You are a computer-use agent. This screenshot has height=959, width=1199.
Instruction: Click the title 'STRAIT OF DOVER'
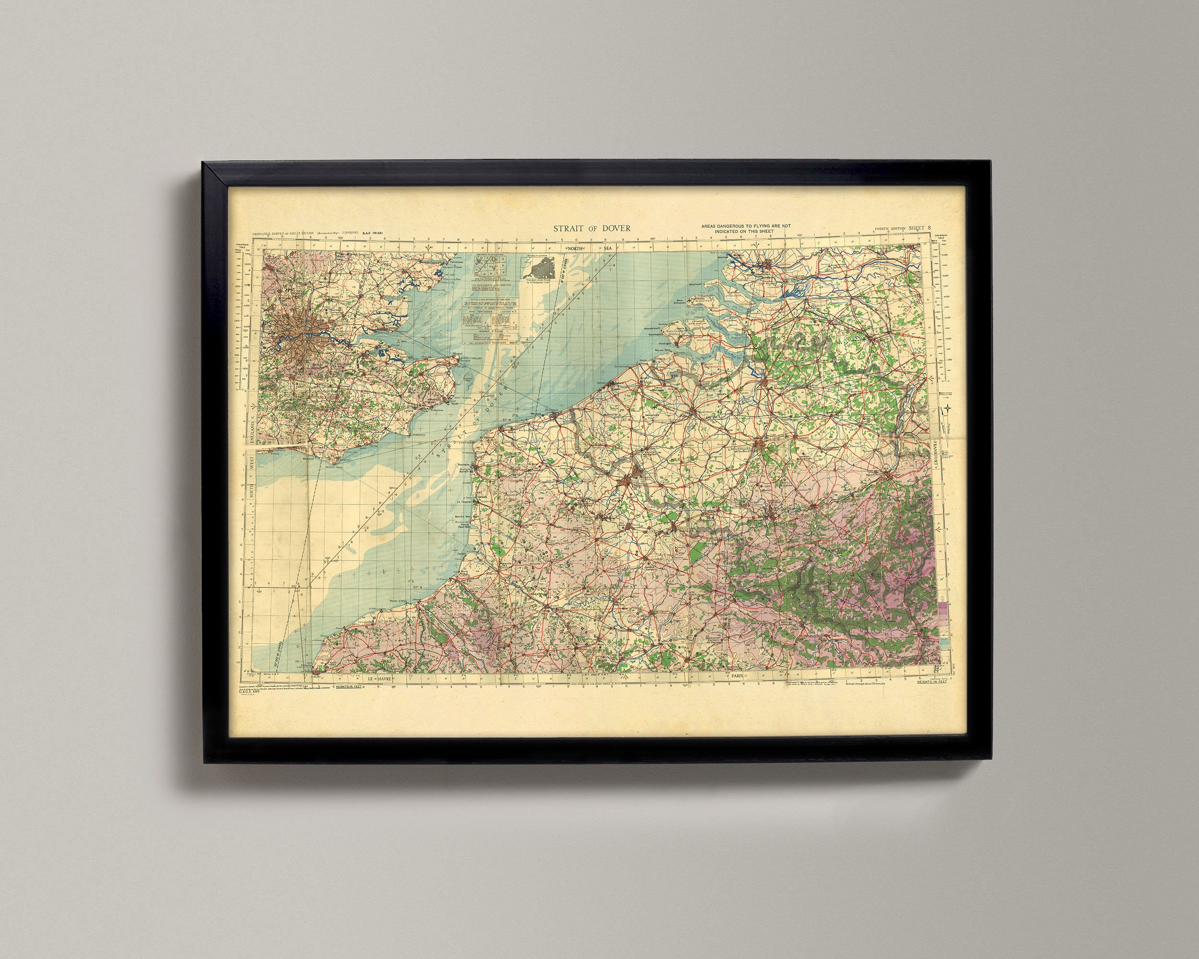click(591, 228)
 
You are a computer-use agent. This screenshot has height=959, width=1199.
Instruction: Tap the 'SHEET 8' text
click(920, 228)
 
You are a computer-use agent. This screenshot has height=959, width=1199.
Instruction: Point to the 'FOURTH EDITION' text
click(890, 229)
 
